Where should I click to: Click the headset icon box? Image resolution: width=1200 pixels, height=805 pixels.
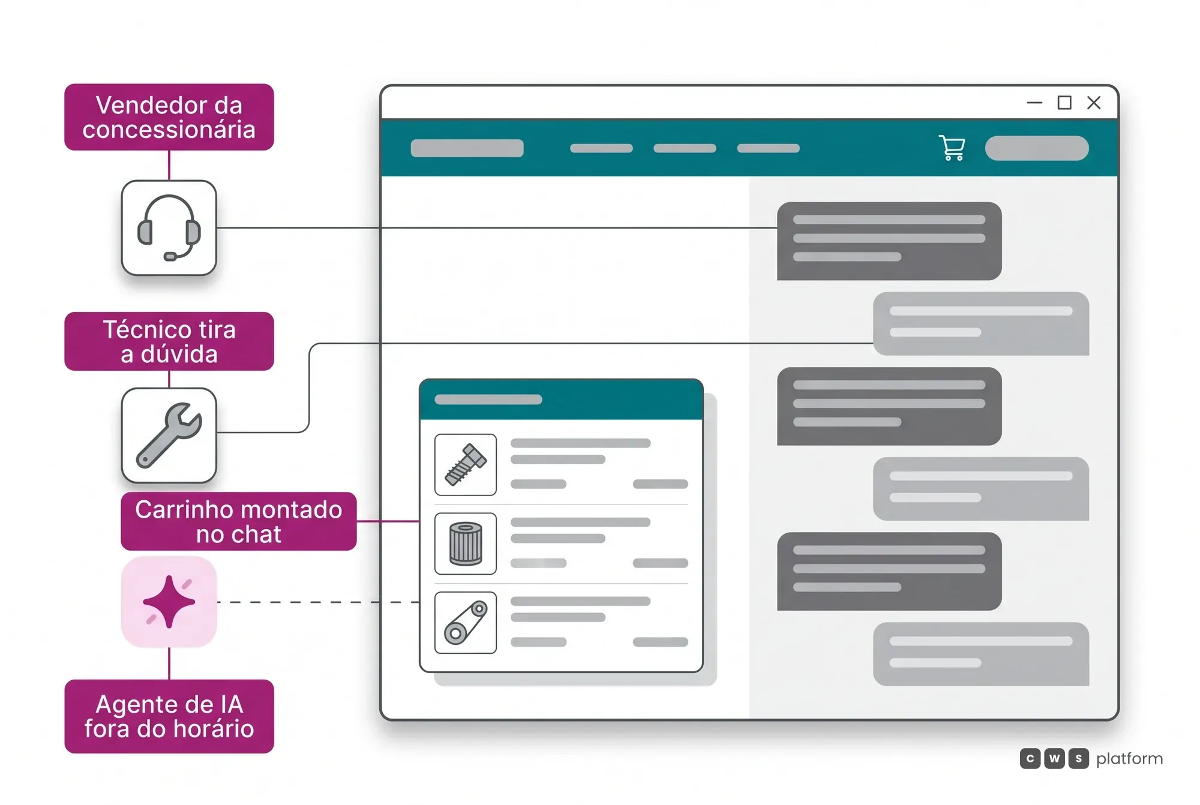169,228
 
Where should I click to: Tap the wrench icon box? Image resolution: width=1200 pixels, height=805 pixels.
169,435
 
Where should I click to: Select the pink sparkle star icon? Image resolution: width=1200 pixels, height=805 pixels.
169,602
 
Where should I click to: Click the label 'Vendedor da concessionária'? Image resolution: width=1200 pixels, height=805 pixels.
169,117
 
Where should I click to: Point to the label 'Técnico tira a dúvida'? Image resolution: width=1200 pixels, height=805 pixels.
169,341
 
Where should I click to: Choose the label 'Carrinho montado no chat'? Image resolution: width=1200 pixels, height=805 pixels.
239,521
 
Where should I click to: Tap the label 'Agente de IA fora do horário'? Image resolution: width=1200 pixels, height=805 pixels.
169,716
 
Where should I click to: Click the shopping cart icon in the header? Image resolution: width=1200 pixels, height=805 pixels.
952,148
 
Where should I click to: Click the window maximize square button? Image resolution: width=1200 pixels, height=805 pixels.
1064,103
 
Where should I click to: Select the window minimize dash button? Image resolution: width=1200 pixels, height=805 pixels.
1034,103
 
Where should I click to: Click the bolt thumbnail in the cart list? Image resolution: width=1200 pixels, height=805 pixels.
466,464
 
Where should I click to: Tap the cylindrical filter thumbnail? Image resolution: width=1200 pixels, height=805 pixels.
466,543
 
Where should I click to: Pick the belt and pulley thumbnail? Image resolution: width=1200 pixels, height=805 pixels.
466,623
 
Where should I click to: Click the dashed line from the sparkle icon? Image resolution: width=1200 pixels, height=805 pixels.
318,602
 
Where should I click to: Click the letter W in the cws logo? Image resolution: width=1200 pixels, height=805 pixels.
1054,759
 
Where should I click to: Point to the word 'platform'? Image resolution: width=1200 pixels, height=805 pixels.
1129,759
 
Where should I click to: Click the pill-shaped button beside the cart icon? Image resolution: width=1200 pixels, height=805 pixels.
1037,148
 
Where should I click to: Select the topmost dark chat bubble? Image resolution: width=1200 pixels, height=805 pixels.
889,241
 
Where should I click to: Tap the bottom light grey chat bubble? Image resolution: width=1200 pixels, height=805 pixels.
981,654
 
